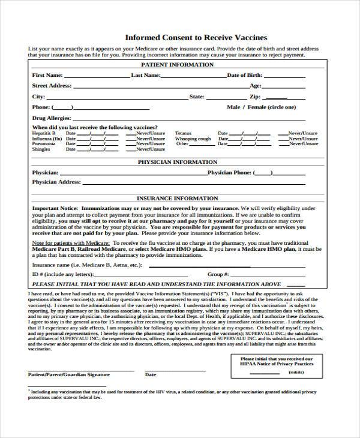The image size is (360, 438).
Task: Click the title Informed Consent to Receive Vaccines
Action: [179, 37]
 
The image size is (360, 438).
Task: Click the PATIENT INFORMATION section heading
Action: [178, 64]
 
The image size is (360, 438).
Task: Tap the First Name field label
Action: [47, 76]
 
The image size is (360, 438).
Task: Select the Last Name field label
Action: [146, 76]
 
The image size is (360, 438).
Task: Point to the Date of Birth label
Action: [244, 76]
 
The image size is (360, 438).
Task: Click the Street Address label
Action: [52, 86]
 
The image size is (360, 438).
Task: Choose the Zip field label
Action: [255, 96]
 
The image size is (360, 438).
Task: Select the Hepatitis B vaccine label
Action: [44, 133]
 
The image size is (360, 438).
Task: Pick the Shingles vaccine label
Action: [41, 149]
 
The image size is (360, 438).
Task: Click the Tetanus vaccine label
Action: [183, 133]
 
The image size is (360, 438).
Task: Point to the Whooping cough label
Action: [193, 138]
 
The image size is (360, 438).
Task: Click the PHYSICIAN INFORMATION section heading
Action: [178, 162]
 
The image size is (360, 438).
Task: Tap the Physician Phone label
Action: [229, 172]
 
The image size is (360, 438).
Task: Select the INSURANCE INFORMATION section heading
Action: [178, 198]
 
